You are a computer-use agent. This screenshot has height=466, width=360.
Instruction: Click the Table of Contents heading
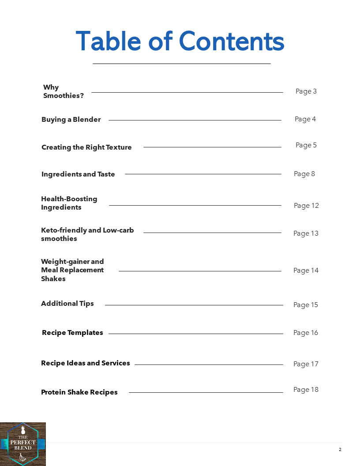point(180,41)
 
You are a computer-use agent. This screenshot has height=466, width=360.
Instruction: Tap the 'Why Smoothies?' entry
point(64,91)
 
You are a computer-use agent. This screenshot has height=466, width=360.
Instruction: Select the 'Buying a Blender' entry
point(71,120)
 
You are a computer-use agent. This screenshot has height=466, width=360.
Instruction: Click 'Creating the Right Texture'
point(86,147)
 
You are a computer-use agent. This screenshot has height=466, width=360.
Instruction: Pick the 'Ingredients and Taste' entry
point(78,174)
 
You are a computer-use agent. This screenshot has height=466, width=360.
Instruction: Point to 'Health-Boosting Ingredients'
point(69,203)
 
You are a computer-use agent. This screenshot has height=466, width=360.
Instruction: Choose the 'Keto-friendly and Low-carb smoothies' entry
point(87,234)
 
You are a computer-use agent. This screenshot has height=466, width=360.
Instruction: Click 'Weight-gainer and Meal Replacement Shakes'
point(72,270)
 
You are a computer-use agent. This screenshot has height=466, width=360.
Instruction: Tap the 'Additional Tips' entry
point(67,304)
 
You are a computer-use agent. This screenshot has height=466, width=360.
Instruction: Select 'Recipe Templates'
point(72,333)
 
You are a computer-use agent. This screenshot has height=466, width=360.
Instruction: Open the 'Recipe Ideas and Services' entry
point(86,363)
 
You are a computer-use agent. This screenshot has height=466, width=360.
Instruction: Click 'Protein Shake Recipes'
point(79,392)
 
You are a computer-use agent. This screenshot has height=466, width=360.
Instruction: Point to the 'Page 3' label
point(306,91)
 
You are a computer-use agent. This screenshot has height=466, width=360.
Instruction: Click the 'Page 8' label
point(304,174)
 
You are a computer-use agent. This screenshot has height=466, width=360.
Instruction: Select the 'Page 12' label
point(306,206)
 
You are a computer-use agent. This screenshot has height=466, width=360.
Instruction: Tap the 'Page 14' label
point(306,271)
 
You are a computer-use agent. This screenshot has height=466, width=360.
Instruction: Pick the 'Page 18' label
point(306,390)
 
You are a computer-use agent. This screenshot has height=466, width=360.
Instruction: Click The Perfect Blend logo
point(22,444)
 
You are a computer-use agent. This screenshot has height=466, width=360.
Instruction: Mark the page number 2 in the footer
point(340,450)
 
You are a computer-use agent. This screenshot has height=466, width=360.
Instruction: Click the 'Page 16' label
point(306,333)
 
